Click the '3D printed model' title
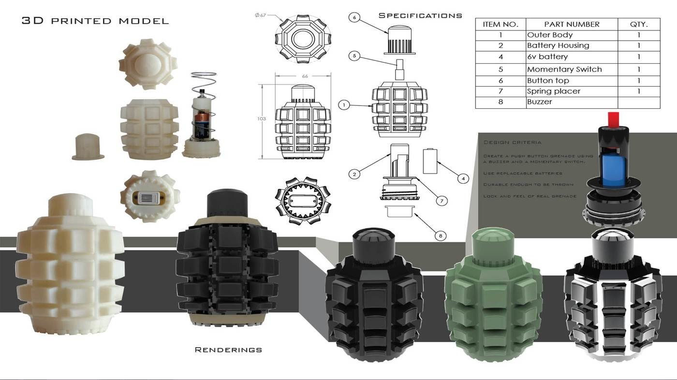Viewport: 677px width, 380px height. point(95,21)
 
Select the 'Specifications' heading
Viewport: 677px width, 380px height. point(420,15)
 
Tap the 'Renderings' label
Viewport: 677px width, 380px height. point(228,349)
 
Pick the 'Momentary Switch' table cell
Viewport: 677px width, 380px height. point(564,69)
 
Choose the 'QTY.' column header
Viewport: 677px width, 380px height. point(638,24)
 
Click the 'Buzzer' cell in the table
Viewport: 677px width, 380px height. point(539,102)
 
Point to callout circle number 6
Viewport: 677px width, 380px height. point(354,17)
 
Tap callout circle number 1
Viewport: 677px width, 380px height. point(344,104)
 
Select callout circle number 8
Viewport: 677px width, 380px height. point(440,236)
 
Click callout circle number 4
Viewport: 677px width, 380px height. point(463,179)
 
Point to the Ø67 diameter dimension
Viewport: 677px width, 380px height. point(261,15)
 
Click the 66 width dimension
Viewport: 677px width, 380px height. point(305,76)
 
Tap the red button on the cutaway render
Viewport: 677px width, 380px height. point(613,117)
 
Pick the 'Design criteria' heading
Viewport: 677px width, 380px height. point(512,143)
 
